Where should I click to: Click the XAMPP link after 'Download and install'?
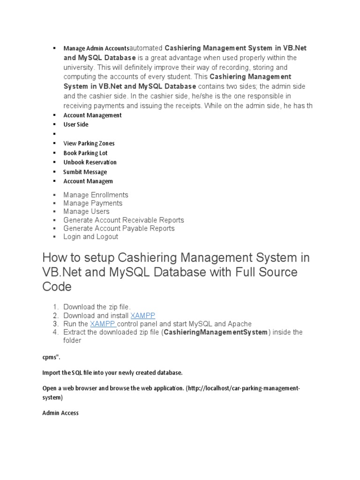coord(143,315)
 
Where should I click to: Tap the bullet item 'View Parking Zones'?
coord(89,143)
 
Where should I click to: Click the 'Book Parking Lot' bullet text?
coord(85,153)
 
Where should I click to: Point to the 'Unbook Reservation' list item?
coord(90,162)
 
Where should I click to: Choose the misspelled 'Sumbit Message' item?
coord(85,172)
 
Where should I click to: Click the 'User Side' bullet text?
coord(76,125)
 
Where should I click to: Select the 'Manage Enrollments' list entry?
coord(96,195)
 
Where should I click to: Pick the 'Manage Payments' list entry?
coord(93,203)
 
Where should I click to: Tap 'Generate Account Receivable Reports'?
coord(124,220)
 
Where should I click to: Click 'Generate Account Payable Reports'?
coord(119,229)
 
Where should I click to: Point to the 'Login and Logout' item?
coord(91,237)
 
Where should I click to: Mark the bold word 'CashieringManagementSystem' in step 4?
coord(215,332)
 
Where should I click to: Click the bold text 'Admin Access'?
coord(60,413)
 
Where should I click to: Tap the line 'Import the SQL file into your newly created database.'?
coord(112,373)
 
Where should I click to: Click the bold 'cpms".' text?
coord(51,357)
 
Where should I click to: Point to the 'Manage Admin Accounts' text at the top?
coord(96,48)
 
